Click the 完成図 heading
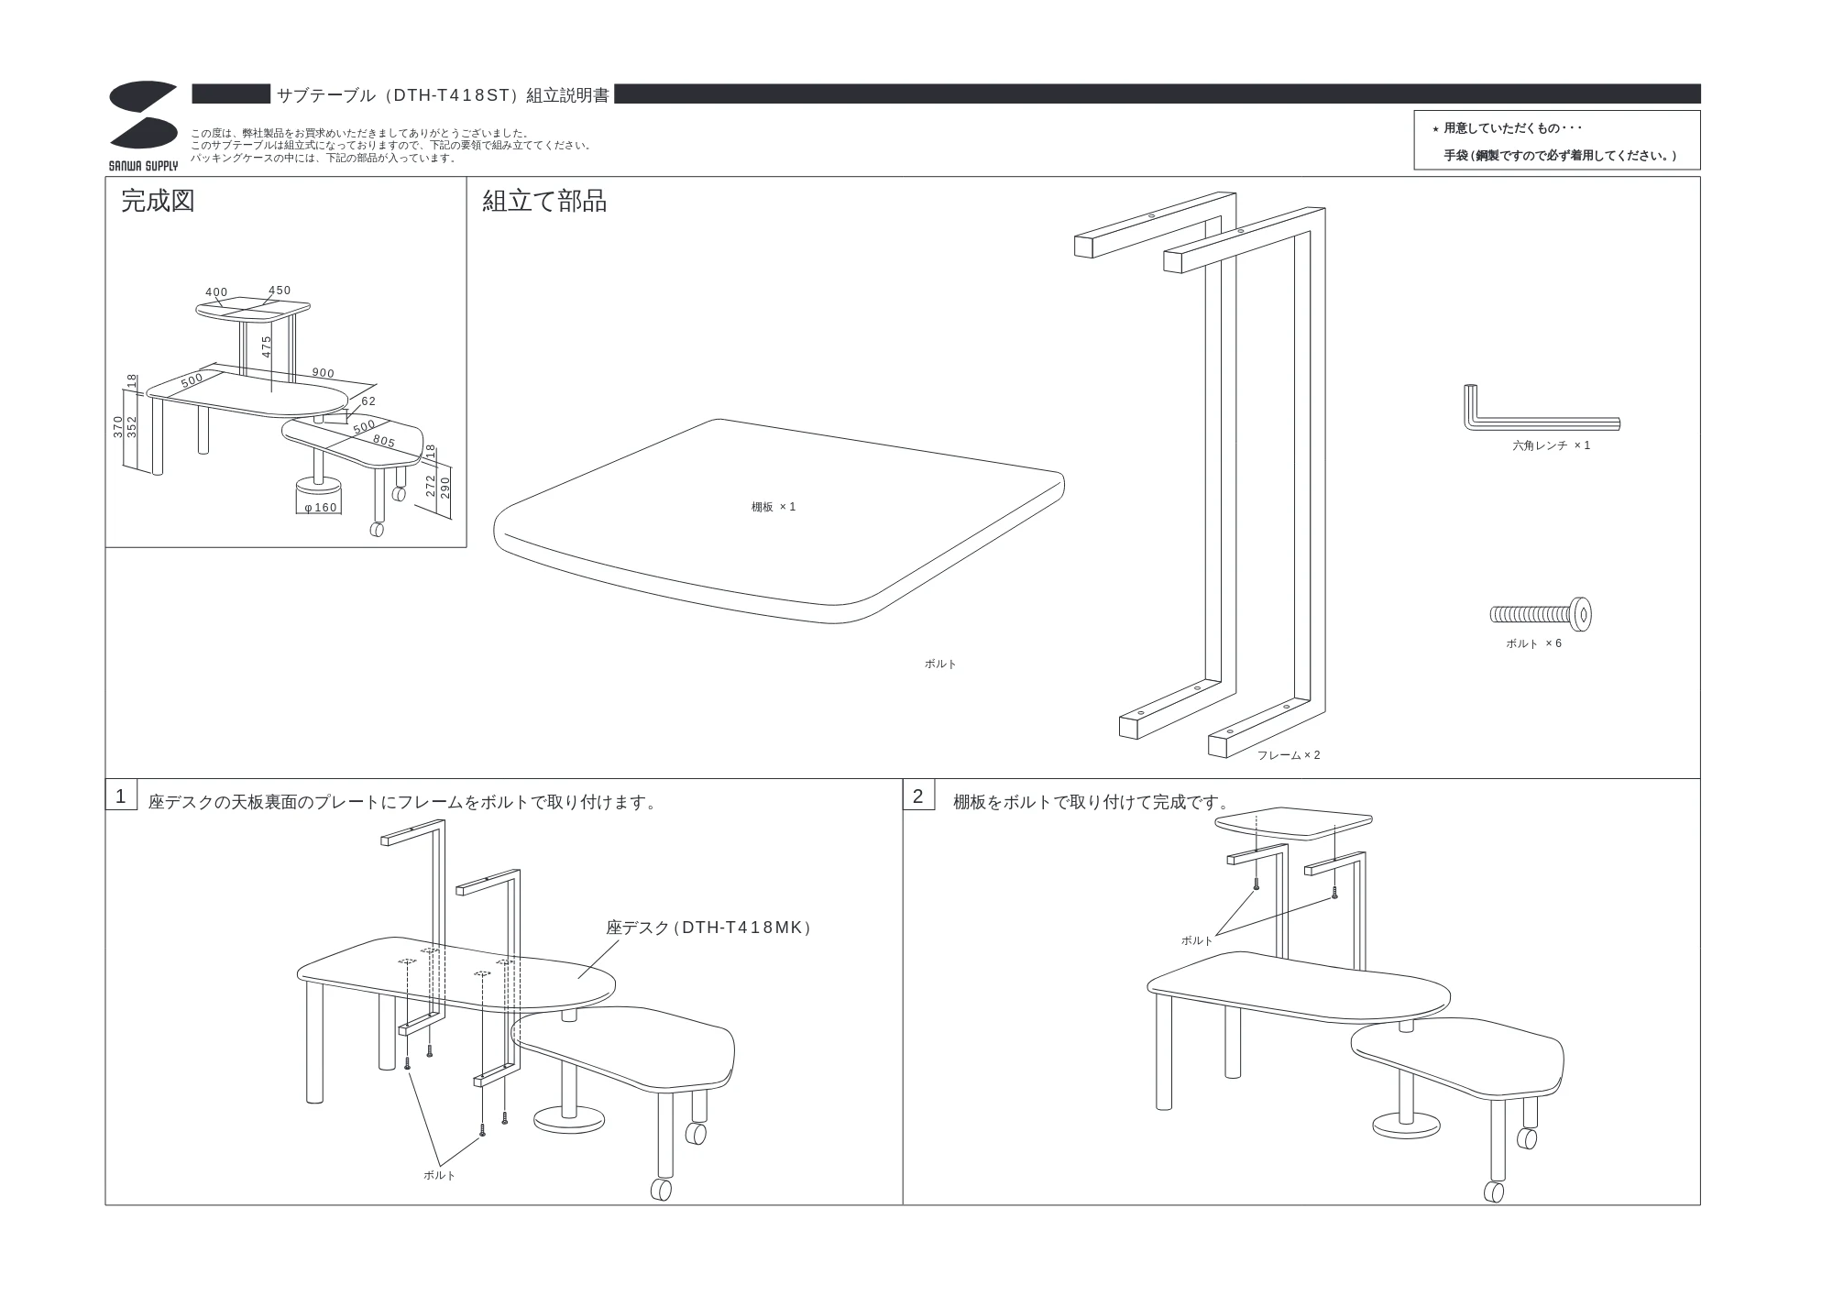click(158, 201)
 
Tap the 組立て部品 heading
click(544, 201)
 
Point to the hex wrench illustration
click(1541, 410)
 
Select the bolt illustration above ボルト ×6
click(1541, 614)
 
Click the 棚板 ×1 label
click(774, 507)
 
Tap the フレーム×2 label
click(1289, 755)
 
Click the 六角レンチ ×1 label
click(1551, 445)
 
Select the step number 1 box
click(121, 796)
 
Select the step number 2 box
click(918, 796)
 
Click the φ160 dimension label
click(321, 508)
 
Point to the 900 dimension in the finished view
click(324, 373)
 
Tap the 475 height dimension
click(267, 346)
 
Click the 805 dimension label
click(384, 442)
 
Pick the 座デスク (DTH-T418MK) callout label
click(708, 928)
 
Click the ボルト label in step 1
click(439, 1175)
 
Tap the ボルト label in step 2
click(1197, 940)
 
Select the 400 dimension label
click(216, 292)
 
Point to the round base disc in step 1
click(569, 1119)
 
